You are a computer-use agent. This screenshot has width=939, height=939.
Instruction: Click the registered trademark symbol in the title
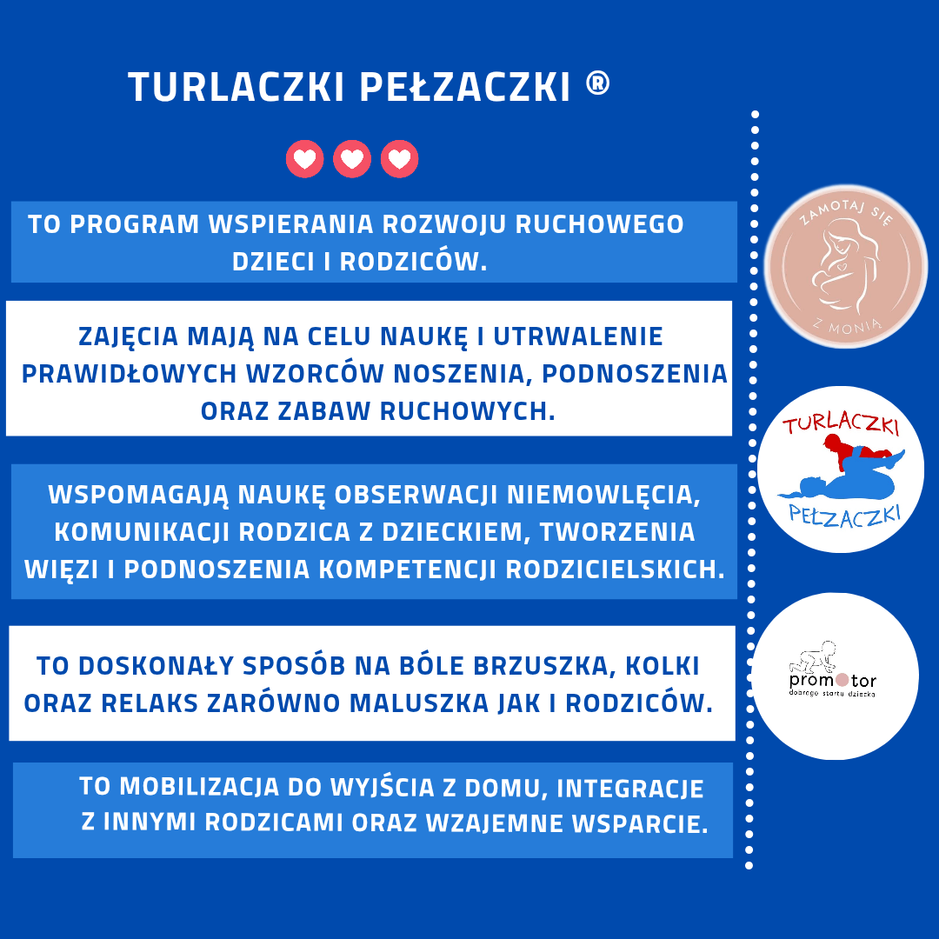pos(597,83)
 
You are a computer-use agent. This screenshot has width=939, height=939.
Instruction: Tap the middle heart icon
pos(352,159)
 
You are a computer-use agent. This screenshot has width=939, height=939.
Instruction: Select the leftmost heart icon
pos(305,159)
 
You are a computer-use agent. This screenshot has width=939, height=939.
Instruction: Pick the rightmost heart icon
pos(399,159)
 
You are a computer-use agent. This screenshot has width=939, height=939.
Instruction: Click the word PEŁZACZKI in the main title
pos(464,86)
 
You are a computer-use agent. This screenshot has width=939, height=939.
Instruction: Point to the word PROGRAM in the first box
pos(134,224)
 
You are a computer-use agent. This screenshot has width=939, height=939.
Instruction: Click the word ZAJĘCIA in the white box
pos(128,337)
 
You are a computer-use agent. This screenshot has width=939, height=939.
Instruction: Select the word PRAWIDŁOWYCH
pos(130,374)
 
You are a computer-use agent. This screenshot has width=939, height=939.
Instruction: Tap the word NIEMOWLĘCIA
pos(603,496)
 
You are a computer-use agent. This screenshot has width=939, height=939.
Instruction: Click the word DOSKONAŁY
pos(156,667)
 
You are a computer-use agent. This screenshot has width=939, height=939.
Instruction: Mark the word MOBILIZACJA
pos(199,788)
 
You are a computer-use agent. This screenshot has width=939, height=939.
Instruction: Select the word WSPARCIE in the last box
pos(640,824)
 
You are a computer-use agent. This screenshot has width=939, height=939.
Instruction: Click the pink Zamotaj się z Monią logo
pos(846,267)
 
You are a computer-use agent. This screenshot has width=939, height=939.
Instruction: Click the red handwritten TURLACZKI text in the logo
pos(841,423)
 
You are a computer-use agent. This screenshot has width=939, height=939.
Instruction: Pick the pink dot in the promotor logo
pos(842,680)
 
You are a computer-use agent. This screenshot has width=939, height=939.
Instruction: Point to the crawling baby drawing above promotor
pos(813,657)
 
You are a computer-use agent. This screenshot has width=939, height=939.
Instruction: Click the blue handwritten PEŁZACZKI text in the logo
pos(845,516)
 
